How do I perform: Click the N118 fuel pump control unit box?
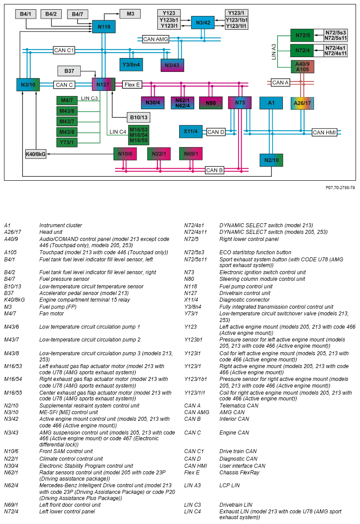pyautogui.click(x=104, y=27)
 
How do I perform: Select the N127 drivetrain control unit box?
pyautogui.click(x=103, y=84)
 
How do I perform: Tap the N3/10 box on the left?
pyautogui.click(x=28, y=84)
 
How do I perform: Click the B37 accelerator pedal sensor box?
pyautogui.click(x=69, y=70)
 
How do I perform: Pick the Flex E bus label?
pyautogui.click(x=132, y=84)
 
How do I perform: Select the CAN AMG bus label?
pyautogui.click(x=156, y=39)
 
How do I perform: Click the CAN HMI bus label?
pyautogui.click(x=325, y=132)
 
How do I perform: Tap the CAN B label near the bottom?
pyautogui.click(x=215, y=170)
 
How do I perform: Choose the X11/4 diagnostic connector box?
pyautogui.click(x=191, y=132)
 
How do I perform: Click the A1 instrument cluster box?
pyautogui.click(x=271, y=103)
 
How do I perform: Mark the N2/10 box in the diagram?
pyautogui.click(x=271, y=160)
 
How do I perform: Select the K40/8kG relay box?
pyautogui.click(x=36, y=154)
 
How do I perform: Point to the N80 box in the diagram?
pyautogui.click(x=211, y=103)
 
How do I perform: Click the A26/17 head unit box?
pyautogui.click(x=302, y=103)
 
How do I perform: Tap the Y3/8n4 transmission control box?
pyautogui.click(x=131, y=65)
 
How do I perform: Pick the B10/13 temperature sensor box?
pyautogui.click(x=138, y=117)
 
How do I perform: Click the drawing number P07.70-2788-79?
pyautogui.click(x=340, y=188)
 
